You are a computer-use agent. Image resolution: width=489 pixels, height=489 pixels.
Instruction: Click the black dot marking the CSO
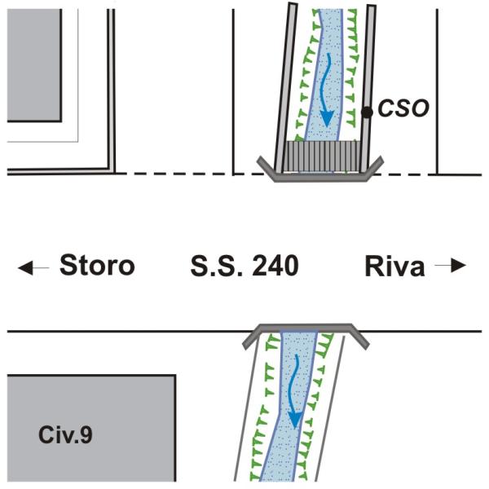coord(367,112)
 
